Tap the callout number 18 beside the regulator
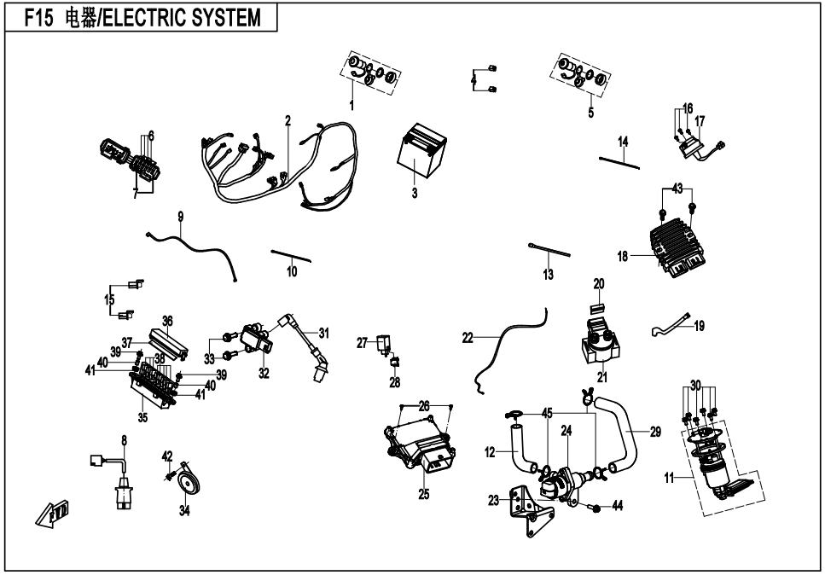coord(623,255)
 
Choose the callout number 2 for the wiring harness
coord(288,120)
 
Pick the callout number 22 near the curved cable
coord(468,338)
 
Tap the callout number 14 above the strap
coord(623,140)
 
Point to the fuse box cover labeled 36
coord(167,344)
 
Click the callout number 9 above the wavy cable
coord(181,217)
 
